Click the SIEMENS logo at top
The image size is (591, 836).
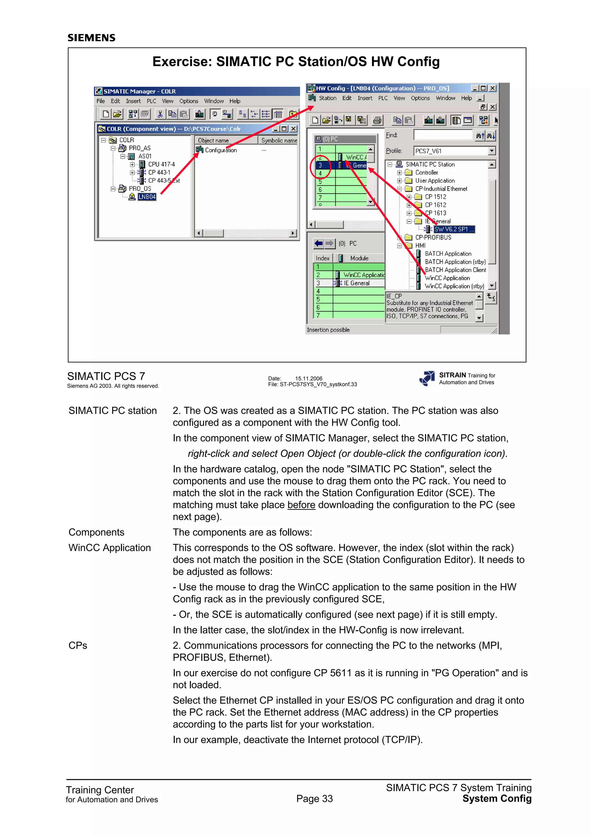point(91,38)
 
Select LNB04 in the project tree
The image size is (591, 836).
point(147,197)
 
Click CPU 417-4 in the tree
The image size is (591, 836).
point(161,164)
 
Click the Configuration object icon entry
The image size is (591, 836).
point(216,150)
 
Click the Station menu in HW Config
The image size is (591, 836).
point(327,98)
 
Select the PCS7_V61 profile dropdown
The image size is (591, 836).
point(455,151)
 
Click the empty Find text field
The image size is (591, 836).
point(443,135)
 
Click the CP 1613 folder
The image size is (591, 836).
point(435,213)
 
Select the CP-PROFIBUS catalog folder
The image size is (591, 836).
point(433,237)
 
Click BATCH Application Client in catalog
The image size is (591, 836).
point(455,270)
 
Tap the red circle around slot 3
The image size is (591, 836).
point(320,166)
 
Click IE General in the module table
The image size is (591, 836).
point(356,283)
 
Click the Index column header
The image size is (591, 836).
point(323,258)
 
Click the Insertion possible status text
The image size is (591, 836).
point(328,330)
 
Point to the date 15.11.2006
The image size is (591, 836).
point(308,378)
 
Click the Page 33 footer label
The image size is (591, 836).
point(314,798)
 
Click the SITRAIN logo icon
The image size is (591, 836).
point(427,378)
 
